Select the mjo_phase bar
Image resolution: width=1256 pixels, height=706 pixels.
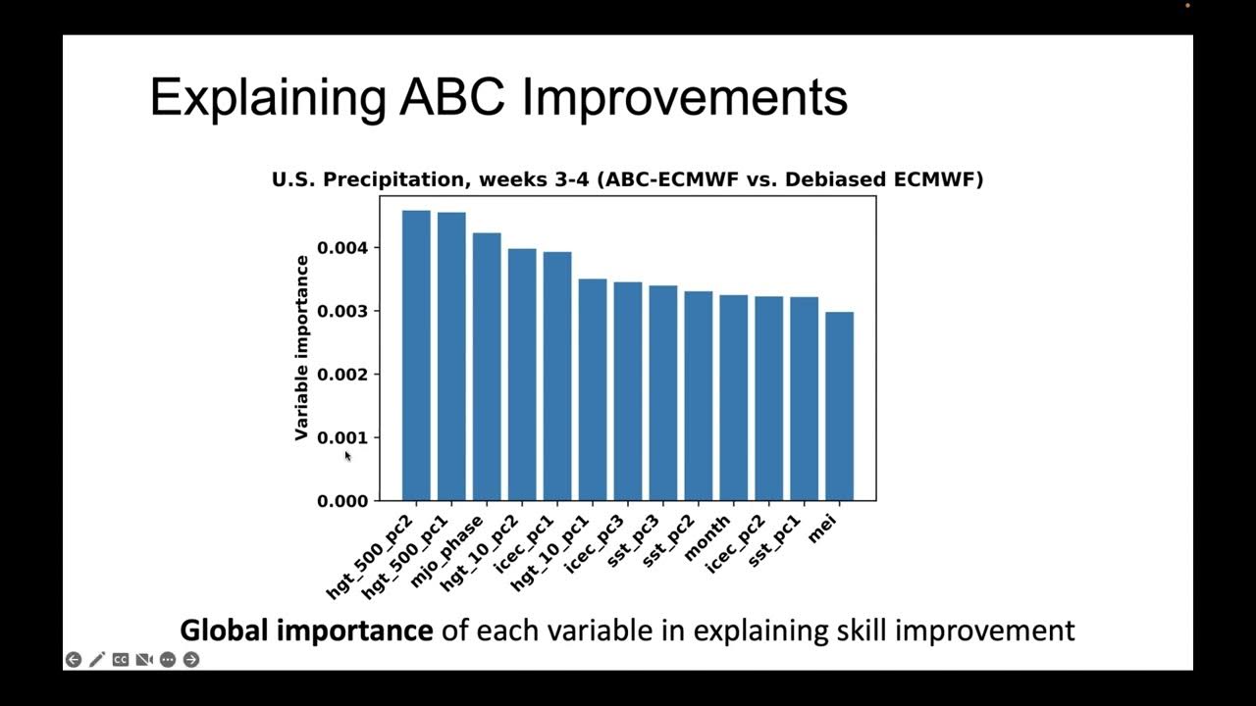[487, 367]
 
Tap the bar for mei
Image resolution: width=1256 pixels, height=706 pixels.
[839, 406]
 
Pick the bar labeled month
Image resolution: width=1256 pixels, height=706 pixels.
[733, 397]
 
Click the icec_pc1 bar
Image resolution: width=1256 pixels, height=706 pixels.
[557, 377]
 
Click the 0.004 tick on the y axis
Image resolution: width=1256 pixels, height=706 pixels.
[342, 248]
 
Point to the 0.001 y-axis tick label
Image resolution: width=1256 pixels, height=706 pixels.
[342, 438]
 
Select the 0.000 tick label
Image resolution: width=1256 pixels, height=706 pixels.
[342, 501]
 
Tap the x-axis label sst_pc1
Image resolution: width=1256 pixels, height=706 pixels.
[776, 542]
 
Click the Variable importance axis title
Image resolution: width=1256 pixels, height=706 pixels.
[302, 348]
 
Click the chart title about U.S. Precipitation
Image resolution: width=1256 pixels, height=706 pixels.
[627, 179]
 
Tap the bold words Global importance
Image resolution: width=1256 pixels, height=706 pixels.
[306, 630]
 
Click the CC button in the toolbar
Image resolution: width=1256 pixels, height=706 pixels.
[121, 660]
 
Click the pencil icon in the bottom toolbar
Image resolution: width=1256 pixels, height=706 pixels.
[97, 660]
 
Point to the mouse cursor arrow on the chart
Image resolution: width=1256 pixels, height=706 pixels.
[347, 455]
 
